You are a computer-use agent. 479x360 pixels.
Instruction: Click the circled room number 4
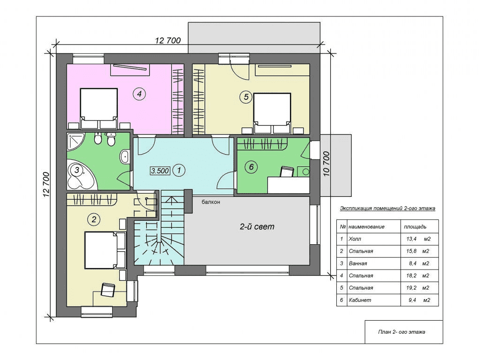point(139,94)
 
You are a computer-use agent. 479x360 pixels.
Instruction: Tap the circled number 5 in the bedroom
point(246,97)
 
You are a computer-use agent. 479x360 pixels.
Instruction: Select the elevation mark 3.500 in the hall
point(160,171)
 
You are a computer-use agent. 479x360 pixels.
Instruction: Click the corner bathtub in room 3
point(81,176)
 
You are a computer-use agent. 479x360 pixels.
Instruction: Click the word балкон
point(211,202)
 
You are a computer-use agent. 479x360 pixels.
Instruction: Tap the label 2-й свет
point(257,226)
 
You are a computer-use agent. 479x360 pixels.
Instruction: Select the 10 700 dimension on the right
point(327,164)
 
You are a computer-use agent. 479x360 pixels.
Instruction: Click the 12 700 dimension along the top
point(168,40)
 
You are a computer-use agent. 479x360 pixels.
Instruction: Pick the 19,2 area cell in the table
point(411,288)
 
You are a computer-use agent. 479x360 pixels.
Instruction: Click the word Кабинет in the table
point(360,300)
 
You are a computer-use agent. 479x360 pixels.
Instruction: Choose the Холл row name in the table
point(355,239)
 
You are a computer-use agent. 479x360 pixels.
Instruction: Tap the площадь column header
point(415,227)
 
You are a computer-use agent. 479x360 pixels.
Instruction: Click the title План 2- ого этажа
point(402,332)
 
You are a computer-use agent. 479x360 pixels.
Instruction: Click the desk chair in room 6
point(287,172)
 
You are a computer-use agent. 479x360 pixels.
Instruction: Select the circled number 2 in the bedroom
point(94,219)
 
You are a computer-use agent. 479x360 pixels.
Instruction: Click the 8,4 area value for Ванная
point(412,263)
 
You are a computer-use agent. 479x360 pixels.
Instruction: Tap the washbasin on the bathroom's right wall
point(125,157)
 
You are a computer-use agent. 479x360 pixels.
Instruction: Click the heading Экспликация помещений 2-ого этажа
point(388,209)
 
